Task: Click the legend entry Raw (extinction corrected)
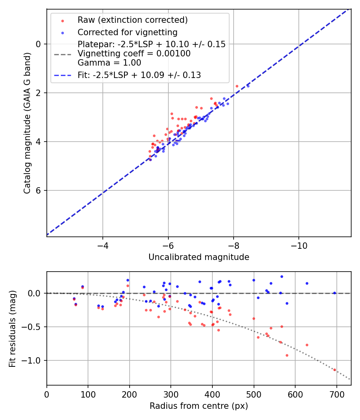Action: pos(132,20)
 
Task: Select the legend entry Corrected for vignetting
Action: pos(127,32)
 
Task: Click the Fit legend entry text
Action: pos(139,75)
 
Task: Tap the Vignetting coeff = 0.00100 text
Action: pos(134,53)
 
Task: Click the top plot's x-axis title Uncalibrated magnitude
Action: pos(199,257)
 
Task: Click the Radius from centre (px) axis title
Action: pos(199,406)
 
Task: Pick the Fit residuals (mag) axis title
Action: pos(13,328)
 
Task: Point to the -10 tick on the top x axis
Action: pos(299,245)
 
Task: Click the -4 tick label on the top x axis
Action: pos(103,245)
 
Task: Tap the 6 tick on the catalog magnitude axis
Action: pos(39,190)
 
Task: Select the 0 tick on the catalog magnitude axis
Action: pos(39,44)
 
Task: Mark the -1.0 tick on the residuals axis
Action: pos(34,360)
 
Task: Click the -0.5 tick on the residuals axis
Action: pos(34,327)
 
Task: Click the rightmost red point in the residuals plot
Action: pos(334,370)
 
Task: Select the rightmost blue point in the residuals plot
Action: pos(334,293)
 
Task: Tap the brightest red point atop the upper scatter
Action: pos(237,86)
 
